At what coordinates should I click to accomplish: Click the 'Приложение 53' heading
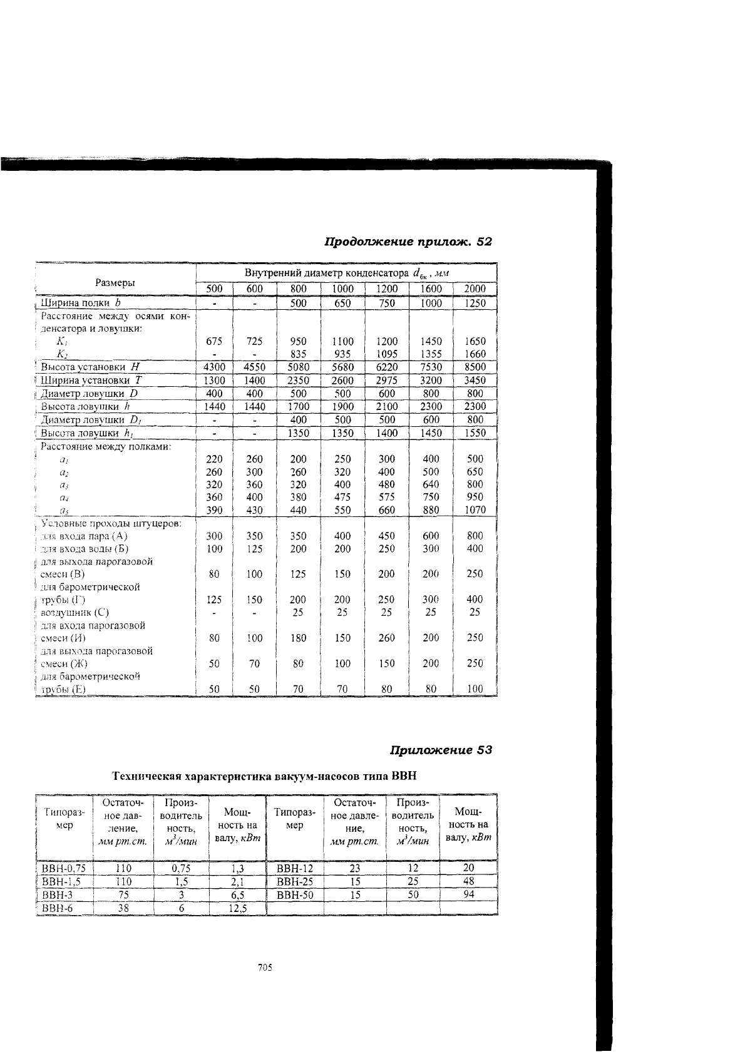click(x=441, y=749)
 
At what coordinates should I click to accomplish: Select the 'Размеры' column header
click(x=116, y=283)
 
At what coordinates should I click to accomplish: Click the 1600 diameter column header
click(x=431, y=289)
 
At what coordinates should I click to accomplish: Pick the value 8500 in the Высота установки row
click(x=475, y=367)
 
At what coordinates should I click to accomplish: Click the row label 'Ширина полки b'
click(x=80, y=303)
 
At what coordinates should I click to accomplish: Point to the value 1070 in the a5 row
click(x=475, y=510)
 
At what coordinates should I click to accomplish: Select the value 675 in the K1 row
click(x=215, y=342)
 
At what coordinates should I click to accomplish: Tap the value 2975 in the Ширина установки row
click(x=387, y=381)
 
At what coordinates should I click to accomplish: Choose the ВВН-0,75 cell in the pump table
click(x=63, y=868)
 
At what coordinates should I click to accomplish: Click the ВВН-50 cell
click(x=295, y=895)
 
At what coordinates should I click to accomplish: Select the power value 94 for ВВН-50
click(x=468, y=894)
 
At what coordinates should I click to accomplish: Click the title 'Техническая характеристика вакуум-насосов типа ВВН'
click(x=264, y=776)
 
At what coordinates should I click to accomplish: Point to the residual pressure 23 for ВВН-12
click(x=355, y=868)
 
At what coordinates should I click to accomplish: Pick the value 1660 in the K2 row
click(x=475, y=354)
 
